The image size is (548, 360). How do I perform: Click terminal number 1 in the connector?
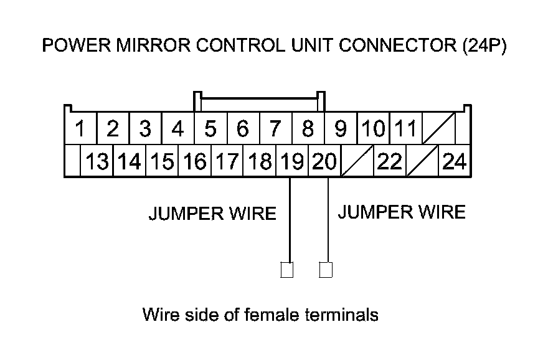point(80,130)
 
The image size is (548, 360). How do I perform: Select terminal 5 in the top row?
point(210,130)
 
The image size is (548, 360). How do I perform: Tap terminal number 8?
point(308,130)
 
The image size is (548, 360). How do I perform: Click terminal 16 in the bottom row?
point(195,162)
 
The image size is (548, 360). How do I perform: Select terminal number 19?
point(292,162)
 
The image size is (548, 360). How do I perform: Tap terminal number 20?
point(324,162)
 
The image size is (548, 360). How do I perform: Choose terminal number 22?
point(390,162)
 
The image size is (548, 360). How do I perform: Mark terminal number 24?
point(455,162)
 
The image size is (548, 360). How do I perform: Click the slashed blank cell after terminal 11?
point(438,130)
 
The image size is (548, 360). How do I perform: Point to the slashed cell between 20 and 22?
point(357,162)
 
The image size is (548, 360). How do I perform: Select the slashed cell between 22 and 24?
point(422,162)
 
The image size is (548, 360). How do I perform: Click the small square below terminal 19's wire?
point(287,270)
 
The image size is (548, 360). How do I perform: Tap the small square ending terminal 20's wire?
point(326,270)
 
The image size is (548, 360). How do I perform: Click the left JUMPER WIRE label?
point(212,214)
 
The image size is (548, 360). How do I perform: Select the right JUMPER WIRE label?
point(401,212)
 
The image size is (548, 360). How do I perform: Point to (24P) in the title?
point(484,46)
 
